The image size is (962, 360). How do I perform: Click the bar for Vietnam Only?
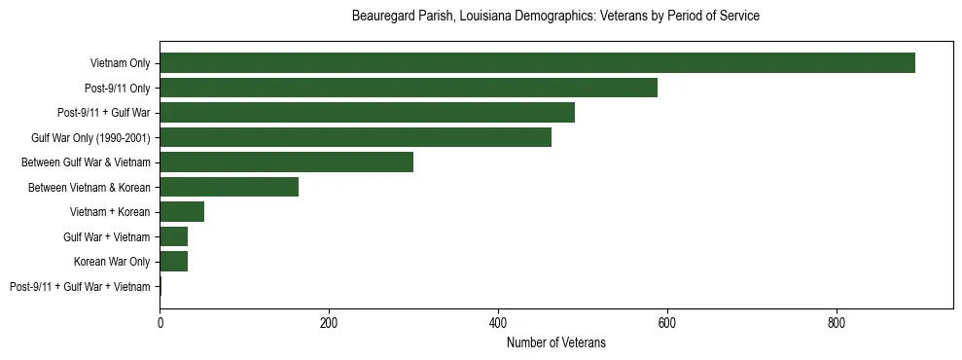(537, 63)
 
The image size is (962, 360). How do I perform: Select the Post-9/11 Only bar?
(409, 88)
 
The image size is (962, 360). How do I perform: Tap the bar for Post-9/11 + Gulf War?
(367, 113)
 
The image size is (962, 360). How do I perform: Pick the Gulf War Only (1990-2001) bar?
(355, 137)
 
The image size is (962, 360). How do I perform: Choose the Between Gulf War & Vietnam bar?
(286, 162)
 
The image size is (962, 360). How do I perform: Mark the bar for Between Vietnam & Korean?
(229, 187)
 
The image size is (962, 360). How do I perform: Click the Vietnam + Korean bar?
(182, 212)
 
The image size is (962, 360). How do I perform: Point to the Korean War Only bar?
(173, 261)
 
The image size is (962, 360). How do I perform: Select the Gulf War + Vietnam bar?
(173, 236)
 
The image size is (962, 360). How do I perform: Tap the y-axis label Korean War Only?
(112, 262)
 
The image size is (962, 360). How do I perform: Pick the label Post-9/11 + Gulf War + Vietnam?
(80, 286)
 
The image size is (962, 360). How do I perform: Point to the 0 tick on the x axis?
(160, 322)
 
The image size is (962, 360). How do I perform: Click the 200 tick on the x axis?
(329, 322)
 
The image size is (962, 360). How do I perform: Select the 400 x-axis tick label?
(498, 322)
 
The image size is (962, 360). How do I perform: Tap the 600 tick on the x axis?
(667, 322)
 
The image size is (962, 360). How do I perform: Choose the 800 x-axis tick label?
(837, 322)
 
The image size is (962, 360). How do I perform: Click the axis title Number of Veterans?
(555, 342)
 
